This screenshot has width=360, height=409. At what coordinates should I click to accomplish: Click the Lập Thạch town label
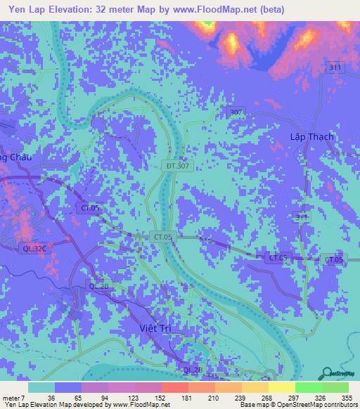click(311, 136)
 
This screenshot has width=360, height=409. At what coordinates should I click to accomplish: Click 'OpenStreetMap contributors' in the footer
click(317, 405)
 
